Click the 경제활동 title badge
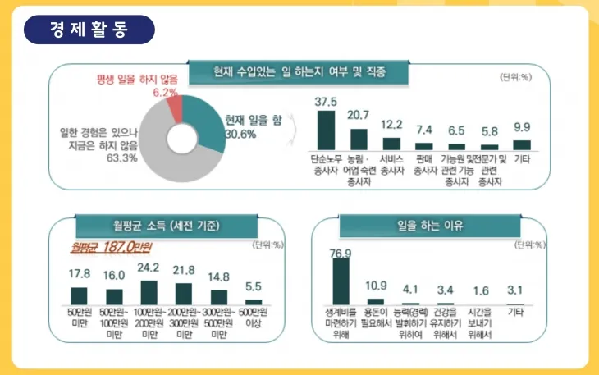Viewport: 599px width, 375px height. [x=89, y=31]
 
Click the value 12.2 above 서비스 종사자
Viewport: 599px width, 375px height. [x=392, y=125]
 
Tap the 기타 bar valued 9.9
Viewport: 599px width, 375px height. [x=522, y=144]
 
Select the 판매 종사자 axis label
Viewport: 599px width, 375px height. [x=424, y=164]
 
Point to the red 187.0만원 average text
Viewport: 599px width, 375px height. [x=112, y=246]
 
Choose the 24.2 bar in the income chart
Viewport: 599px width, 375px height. [x=149, y=292]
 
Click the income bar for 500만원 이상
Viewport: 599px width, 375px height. [x=254, y=301]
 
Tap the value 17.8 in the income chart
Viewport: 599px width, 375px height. [x=79, y=273]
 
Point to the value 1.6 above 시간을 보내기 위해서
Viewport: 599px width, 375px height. [x=479, y=290]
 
